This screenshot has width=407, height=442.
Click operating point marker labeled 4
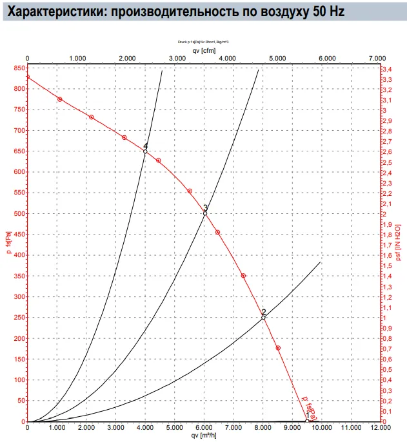click(145, 151)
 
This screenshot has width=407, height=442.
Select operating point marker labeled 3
click(205, 213)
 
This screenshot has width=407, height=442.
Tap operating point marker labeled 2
click(263, 317)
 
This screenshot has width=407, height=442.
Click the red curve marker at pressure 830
click(27, 77)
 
